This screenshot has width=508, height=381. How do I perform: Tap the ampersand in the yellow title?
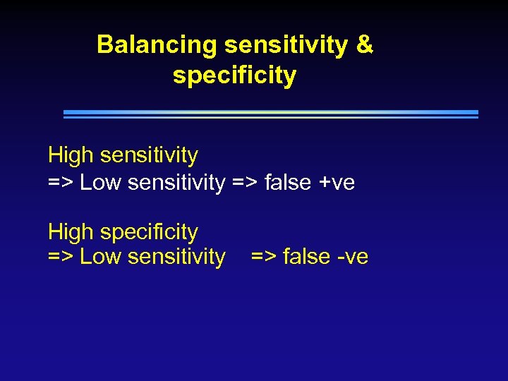coord(364,44)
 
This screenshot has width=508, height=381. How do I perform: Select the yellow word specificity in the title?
coord(234,75)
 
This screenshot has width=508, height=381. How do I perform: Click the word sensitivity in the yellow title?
coord(286,45)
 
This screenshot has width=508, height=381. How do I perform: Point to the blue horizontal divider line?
coord(271,113)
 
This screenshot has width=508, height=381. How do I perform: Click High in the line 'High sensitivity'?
coord(72,155)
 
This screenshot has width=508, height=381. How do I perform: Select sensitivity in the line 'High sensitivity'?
coord(150,155)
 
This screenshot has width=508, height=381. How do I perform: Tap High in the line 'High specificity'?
coord(72,232)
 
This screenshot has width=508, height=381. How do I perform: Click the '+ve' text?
coord(337,183)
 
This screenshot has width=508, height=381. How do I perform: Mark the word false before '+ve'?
coord(288,183)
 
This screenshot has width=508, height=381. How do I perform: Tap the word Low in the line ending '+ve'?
coord(100,183)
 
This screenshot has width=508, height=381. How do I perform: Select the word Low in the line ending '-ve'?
coord(100,257)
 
